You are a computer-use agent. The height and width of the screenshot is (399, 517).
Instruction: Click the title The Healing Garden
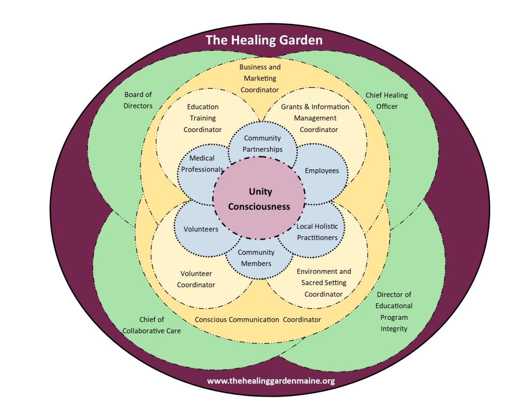pos(264,40)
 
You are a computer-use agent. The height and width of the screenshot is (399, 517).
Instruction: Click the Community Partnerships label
pos(262,144)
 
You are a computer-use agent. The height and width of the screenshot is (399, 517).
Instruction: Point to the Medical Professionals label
pos(202,164)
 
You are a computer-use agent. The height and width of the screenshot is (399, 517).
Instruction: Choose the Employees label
pos(322,170)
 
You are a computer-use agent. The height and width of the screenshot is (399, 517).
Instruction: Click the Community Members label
pos(256,258)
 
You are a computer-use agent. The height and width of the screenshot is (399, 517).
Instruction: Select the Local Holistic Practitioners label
pos(317,232)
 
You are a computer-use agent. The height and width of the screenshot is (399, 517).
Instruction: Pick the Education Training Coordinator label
pos(202,118)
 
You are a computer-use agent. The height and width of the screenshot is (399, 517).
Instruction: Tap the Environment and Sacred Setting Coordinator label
pos(324,282)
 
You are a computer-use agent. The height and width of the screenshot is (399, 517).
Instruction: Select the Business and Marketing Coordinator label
pos(260,78)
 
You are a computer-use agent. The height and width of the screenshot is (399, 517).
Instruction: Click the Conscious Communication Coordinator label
pos(257,319)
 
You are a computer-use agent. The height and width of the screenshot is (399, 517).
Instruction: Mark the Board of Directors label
pos(138,100)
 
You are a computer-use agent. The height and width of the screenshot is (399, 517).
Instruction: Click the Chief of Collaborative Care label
pos(160,325)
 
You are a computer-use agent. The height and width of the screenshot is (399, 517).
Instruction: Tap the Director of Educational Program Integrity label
pos(394,311)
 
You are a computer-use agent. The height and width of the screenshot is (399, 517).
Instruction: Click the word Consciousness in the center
pos(259,206)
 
